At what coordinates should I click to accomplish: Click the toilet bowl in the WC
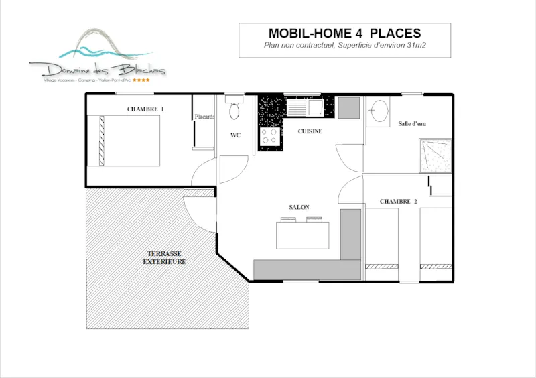234,111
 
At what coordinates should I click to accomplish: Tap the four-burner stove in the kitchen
270,136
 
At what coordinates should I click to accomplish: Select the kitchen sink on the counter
305,107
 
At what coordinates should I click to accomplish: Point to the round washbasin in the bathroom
380,111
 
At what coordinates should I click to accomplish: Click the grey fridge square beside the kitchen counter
348,107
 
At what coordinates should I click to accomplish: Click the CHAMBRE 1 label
145,109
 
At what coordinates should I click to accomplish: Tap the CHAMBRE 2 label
398,202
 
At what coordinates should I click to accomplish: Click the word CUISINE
310,131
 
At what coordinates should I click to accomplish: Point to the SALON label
299,208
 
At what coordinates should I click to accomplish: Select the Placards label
204,117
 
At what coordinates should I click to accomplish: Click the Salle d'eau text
412,124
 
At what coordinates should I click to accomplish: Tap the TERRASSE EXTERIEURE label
164,257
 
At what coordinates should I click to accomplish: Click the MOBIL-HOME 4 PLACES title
344,33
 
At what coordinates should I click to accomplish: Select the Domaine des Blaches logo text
97,68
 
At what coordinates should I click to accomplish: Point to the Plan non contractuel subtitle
344,46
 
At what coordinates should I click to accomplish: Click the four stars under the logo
141,80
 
